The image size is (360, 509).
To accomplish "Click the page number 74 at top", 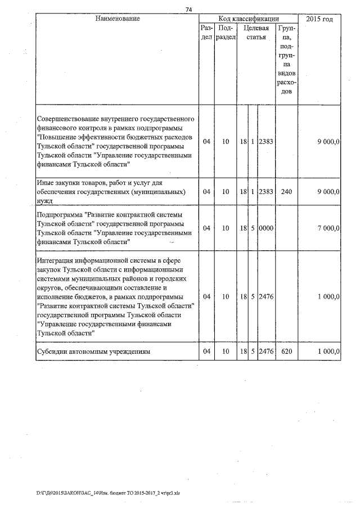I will [x=189, y=8].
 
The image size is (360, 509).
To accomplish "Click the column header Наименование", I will [x=118, y=19].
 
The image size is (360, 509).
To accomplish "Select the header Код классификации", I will [x=249, y=19].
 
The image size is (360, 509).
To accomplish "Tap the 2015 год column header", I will [x=319, y=19].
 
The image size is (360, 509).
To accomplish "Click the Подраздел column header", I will [x=225, y=33].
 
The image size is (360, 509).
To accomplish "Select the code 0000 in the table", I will [x=265, y=228].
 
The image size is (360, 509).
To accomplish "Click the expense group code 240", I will [x=286, y=192].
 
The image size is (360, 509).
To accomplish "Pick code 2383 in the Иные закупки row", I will [x=265, y=192].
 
